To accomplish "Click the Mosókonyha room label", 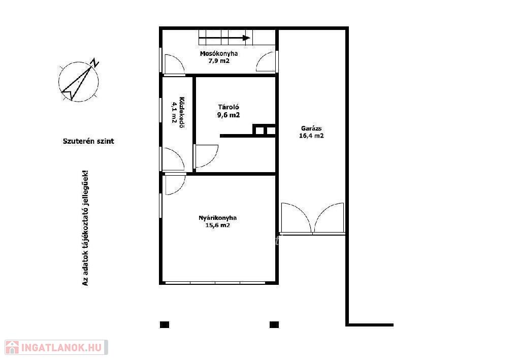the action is [x=219, y=54].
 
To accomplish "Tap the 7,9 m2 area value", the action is [x=219, y=61].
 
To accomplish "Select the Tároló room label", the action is [x=229, y=107].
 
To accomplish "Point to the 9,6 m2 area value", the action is [x=229, y=115].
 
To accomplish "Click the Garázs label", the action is [x=311, y=128].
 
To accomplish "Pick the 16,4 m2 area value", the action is [x=311, y=136].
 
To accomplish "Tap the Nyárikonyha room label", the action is [x=217, y=218].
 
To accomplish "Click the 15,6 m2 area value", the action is [x=217, y=225].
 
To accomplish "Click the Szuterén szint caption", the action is [x=88, y=141].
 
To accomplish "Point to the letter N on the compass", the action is [x=95, y=62].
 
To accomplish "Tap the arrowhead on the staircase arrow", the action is [x=246, y=38].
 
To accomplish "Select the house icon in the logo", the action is [x=12, y=347].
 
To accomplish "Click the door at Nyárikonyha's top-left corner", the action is [x=175, y=184].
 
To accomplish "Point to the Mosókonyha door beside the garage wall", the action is [x=266, y=61].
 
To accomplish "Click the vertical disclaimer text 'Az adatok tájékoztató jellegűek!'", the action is [x=85, y=228].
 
